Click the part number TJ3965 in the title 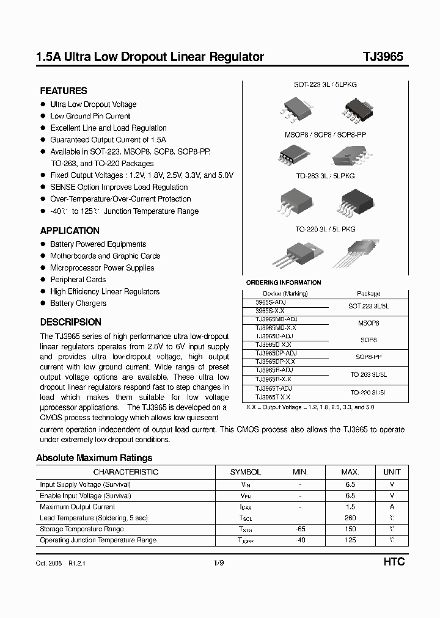point(383,57)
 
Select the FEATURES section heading point(64,90)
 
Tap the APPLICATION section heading point(70,231)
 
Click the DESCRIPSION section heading point(70,322)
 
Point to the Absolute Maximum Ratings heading point(94,457)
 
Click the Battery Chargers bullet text point(78,304)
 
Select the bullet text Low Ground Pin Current point(90,116)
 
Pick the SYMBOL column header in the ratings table point(245,472)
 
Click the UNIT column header point(392,472)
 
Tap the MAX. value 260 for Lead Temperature point(350,518)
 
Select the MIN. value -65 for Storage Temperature point(300,529)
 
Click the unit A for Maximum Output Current point(392,507)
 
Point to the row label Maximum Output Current point(77,507)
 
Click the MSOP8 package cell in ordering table point(368,323)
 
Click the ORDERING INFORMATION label point(283,283)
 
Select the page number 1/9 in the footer point(219,562)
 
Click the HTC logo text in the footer point(394,562)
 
